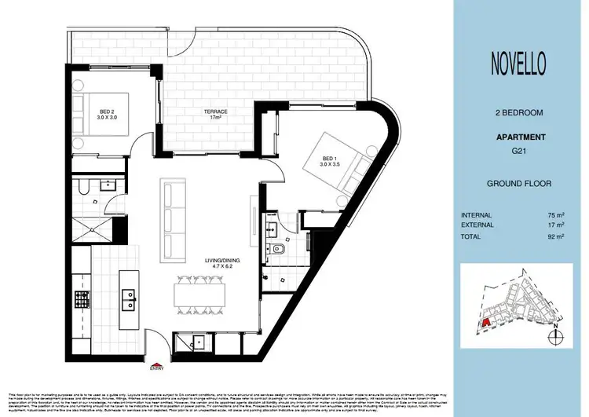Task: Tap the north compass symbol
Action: click(x=558, y=336)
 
